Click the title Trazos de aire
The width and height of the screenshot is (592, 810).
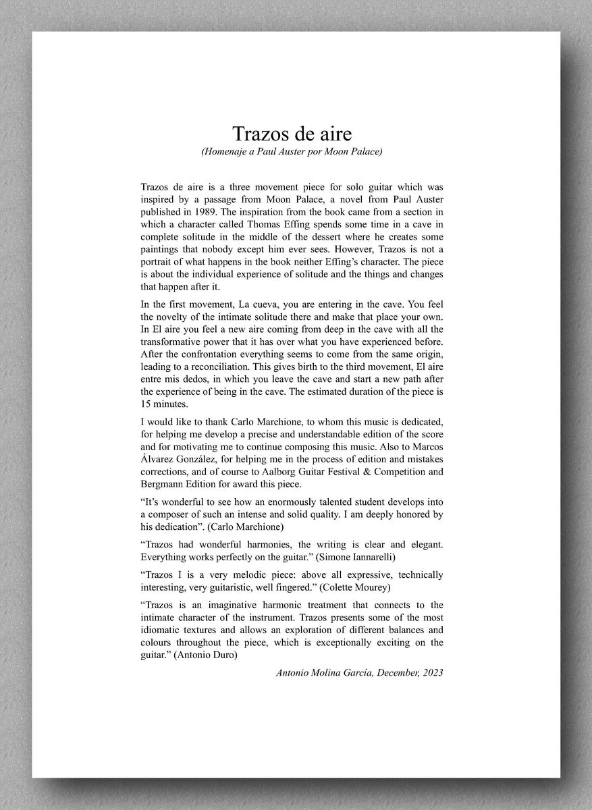(x=292, y=132)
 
